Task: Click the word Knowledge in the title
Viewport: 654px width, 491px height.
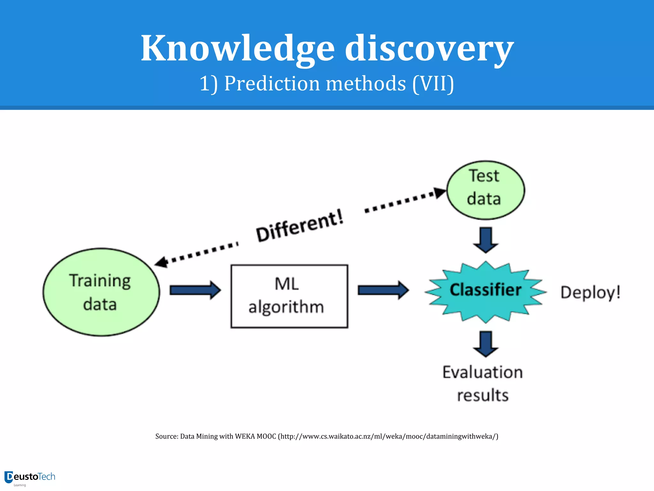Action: (x=238, y=49)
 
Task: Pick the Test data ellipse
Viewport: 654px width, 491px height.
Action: (x=485, y=190)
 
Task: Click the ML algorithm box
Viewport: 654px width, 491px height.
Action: (x=289, y=296)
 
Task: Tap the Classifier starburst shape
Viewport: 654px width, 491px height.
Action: (x=485, y=291)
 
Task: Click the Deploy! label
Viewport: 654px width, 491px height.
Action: (x=590, y=292)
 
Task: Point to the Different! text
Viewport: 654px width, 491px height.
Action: (x=300, y=226)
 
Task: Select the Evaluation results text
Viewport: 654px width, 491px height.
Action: (x=483, y=384)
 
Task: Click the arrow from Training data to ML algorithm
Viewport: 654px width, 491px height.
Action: (x=195, y=290)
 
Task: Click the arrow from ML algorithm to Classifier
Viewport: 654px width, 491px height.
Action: (x=383, y=290)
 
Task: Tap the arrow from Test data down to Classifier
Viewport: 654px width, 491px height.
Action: (x=486, y=240)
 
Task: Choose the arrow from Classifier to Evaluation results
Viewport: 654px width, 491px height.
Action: (x=486, y=344)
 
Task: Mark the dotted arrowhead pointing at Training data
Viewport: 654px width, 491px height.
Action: (x=162, y=262)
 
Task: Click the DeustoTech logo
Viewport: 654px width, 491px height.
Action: (x=30, y=478)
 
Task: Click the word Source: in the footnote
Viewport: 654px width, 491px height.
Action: (x=166, y=436)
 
